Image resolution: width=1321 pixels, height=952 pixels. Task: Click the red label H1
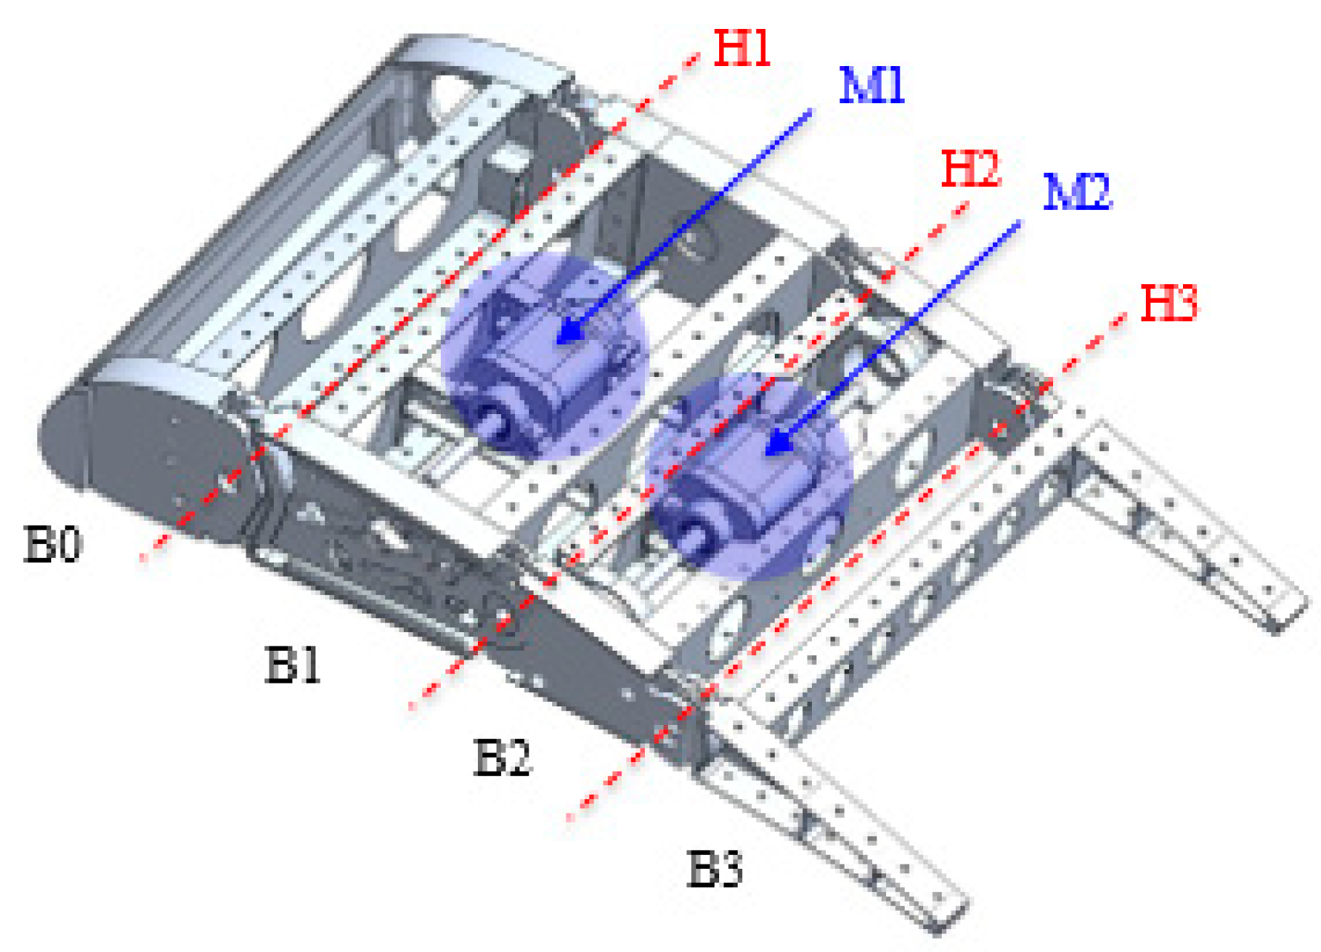741,50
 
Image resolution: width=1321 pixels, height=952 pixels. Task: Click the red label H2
971,169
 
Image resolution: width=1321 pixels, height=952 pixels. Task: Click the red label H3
1169,303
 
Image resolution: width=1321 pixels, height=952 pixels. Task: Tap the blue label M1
872,86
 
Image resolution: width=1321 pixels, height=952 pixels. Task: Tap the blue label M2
1077,193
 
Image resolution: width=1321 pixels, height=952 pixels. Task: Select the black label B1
293,664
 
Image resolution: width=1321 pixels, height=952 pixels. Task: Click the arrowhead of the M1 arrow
568,333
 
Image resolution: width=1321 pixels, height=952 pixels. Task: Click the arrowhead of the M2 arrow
776,444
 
